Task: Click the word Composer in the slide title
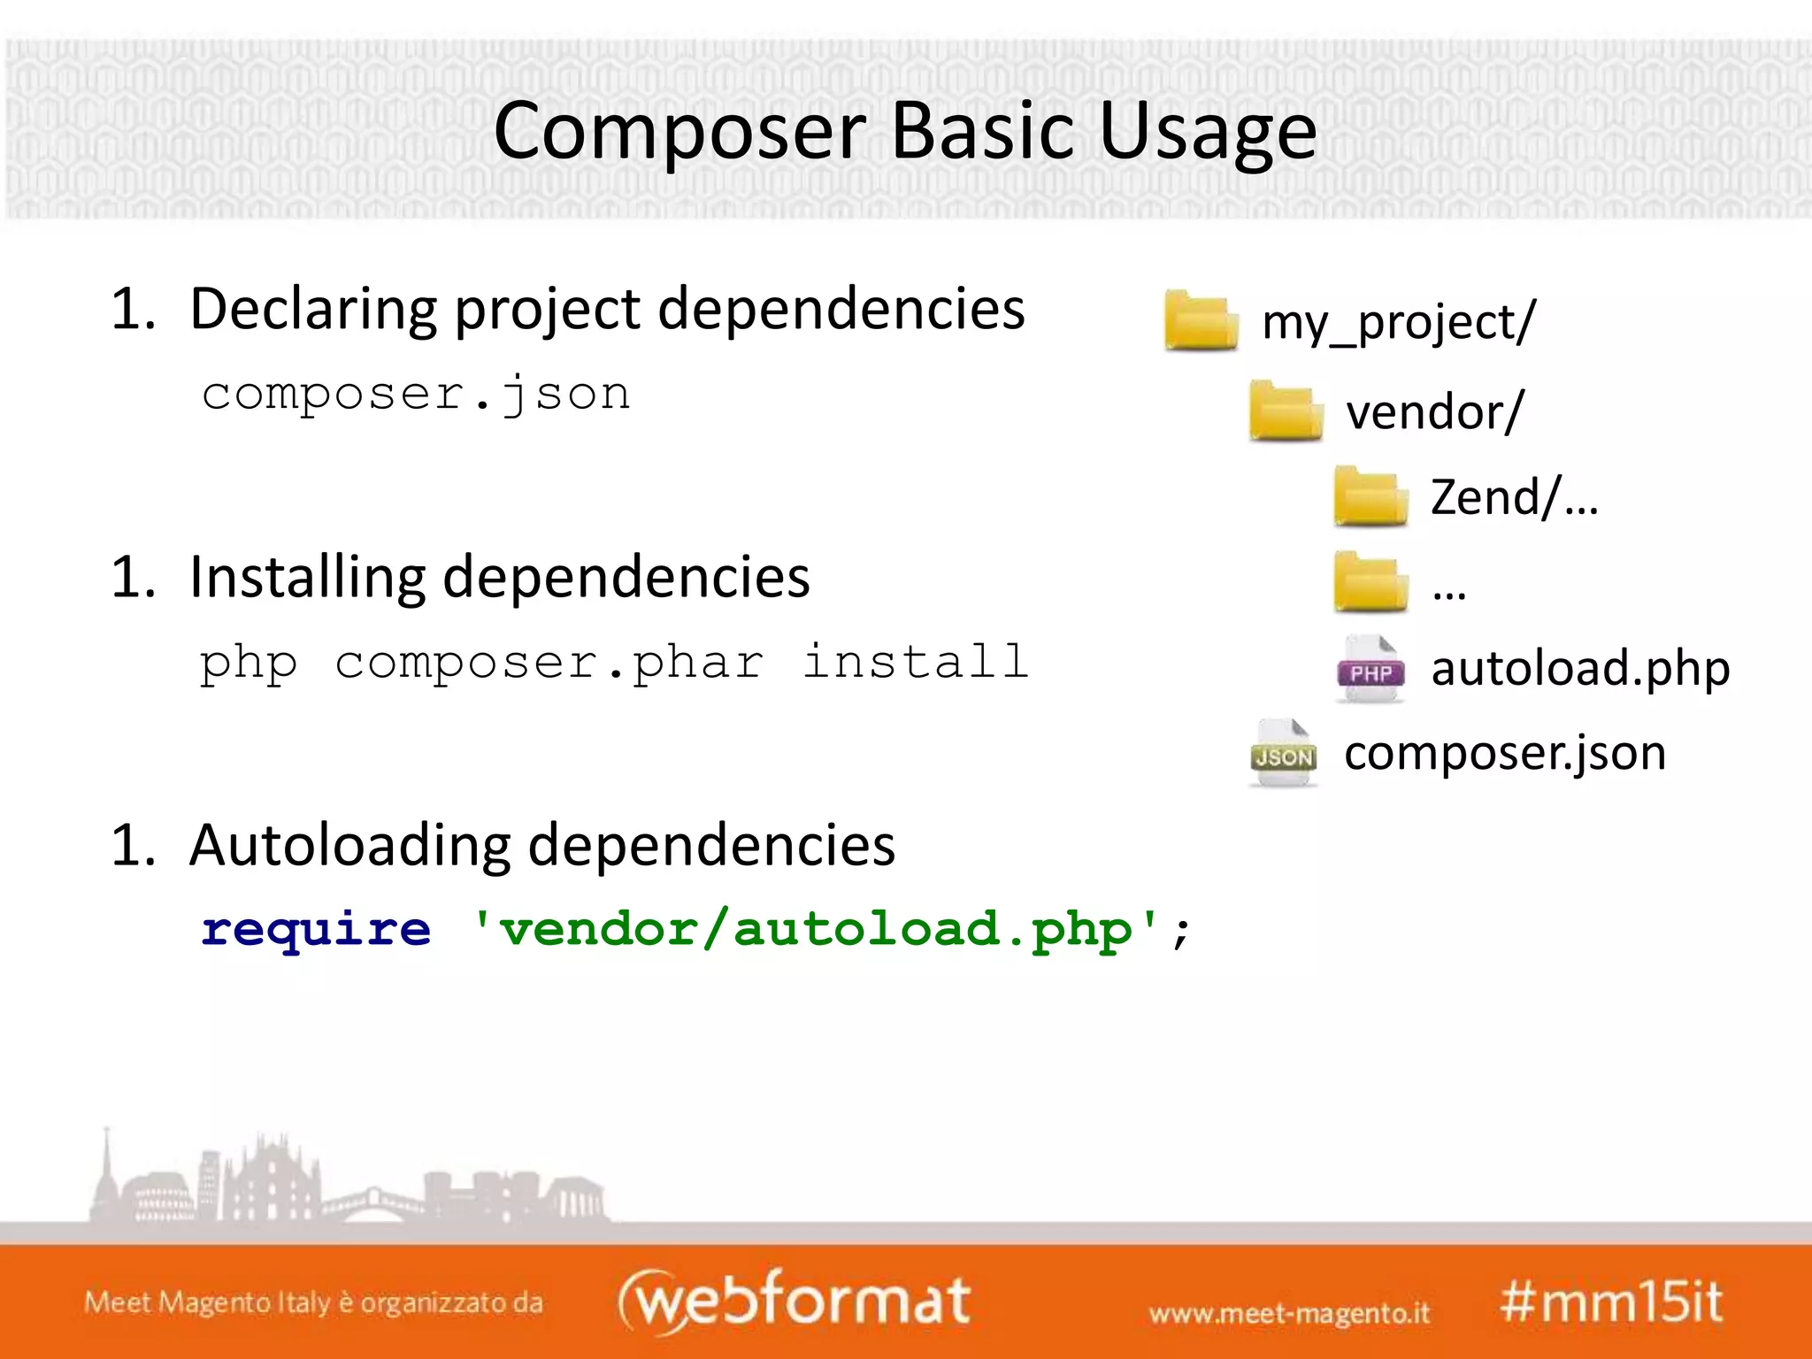(x=679, y=131)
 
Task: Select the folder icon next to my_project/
(x=1201, y=320)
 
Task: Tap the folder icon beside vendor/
(x=1285, y=411)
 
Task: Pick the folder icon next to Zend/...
(x=1370, y=496)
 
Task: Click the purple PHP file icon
(x=1370, y=669)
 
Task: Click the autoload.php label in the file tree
(x=1580, y=668)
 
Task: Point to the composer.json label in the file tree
(x=1504, y=754)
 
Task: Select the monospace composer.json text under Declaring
(x=416, y=394)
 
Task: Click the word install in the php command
(x=915, y=662)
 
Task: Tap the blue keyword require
(x=316, y=929)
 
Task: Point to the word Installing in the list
(x=307, y=578)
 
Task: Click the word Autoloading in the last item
(x=349, y=845)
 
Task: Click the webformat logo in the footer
(x=794, y=1301)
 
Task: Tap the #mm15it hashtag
(x=1611, y=1301)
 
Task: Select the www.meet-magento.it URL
(x=1289, y=1313)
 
